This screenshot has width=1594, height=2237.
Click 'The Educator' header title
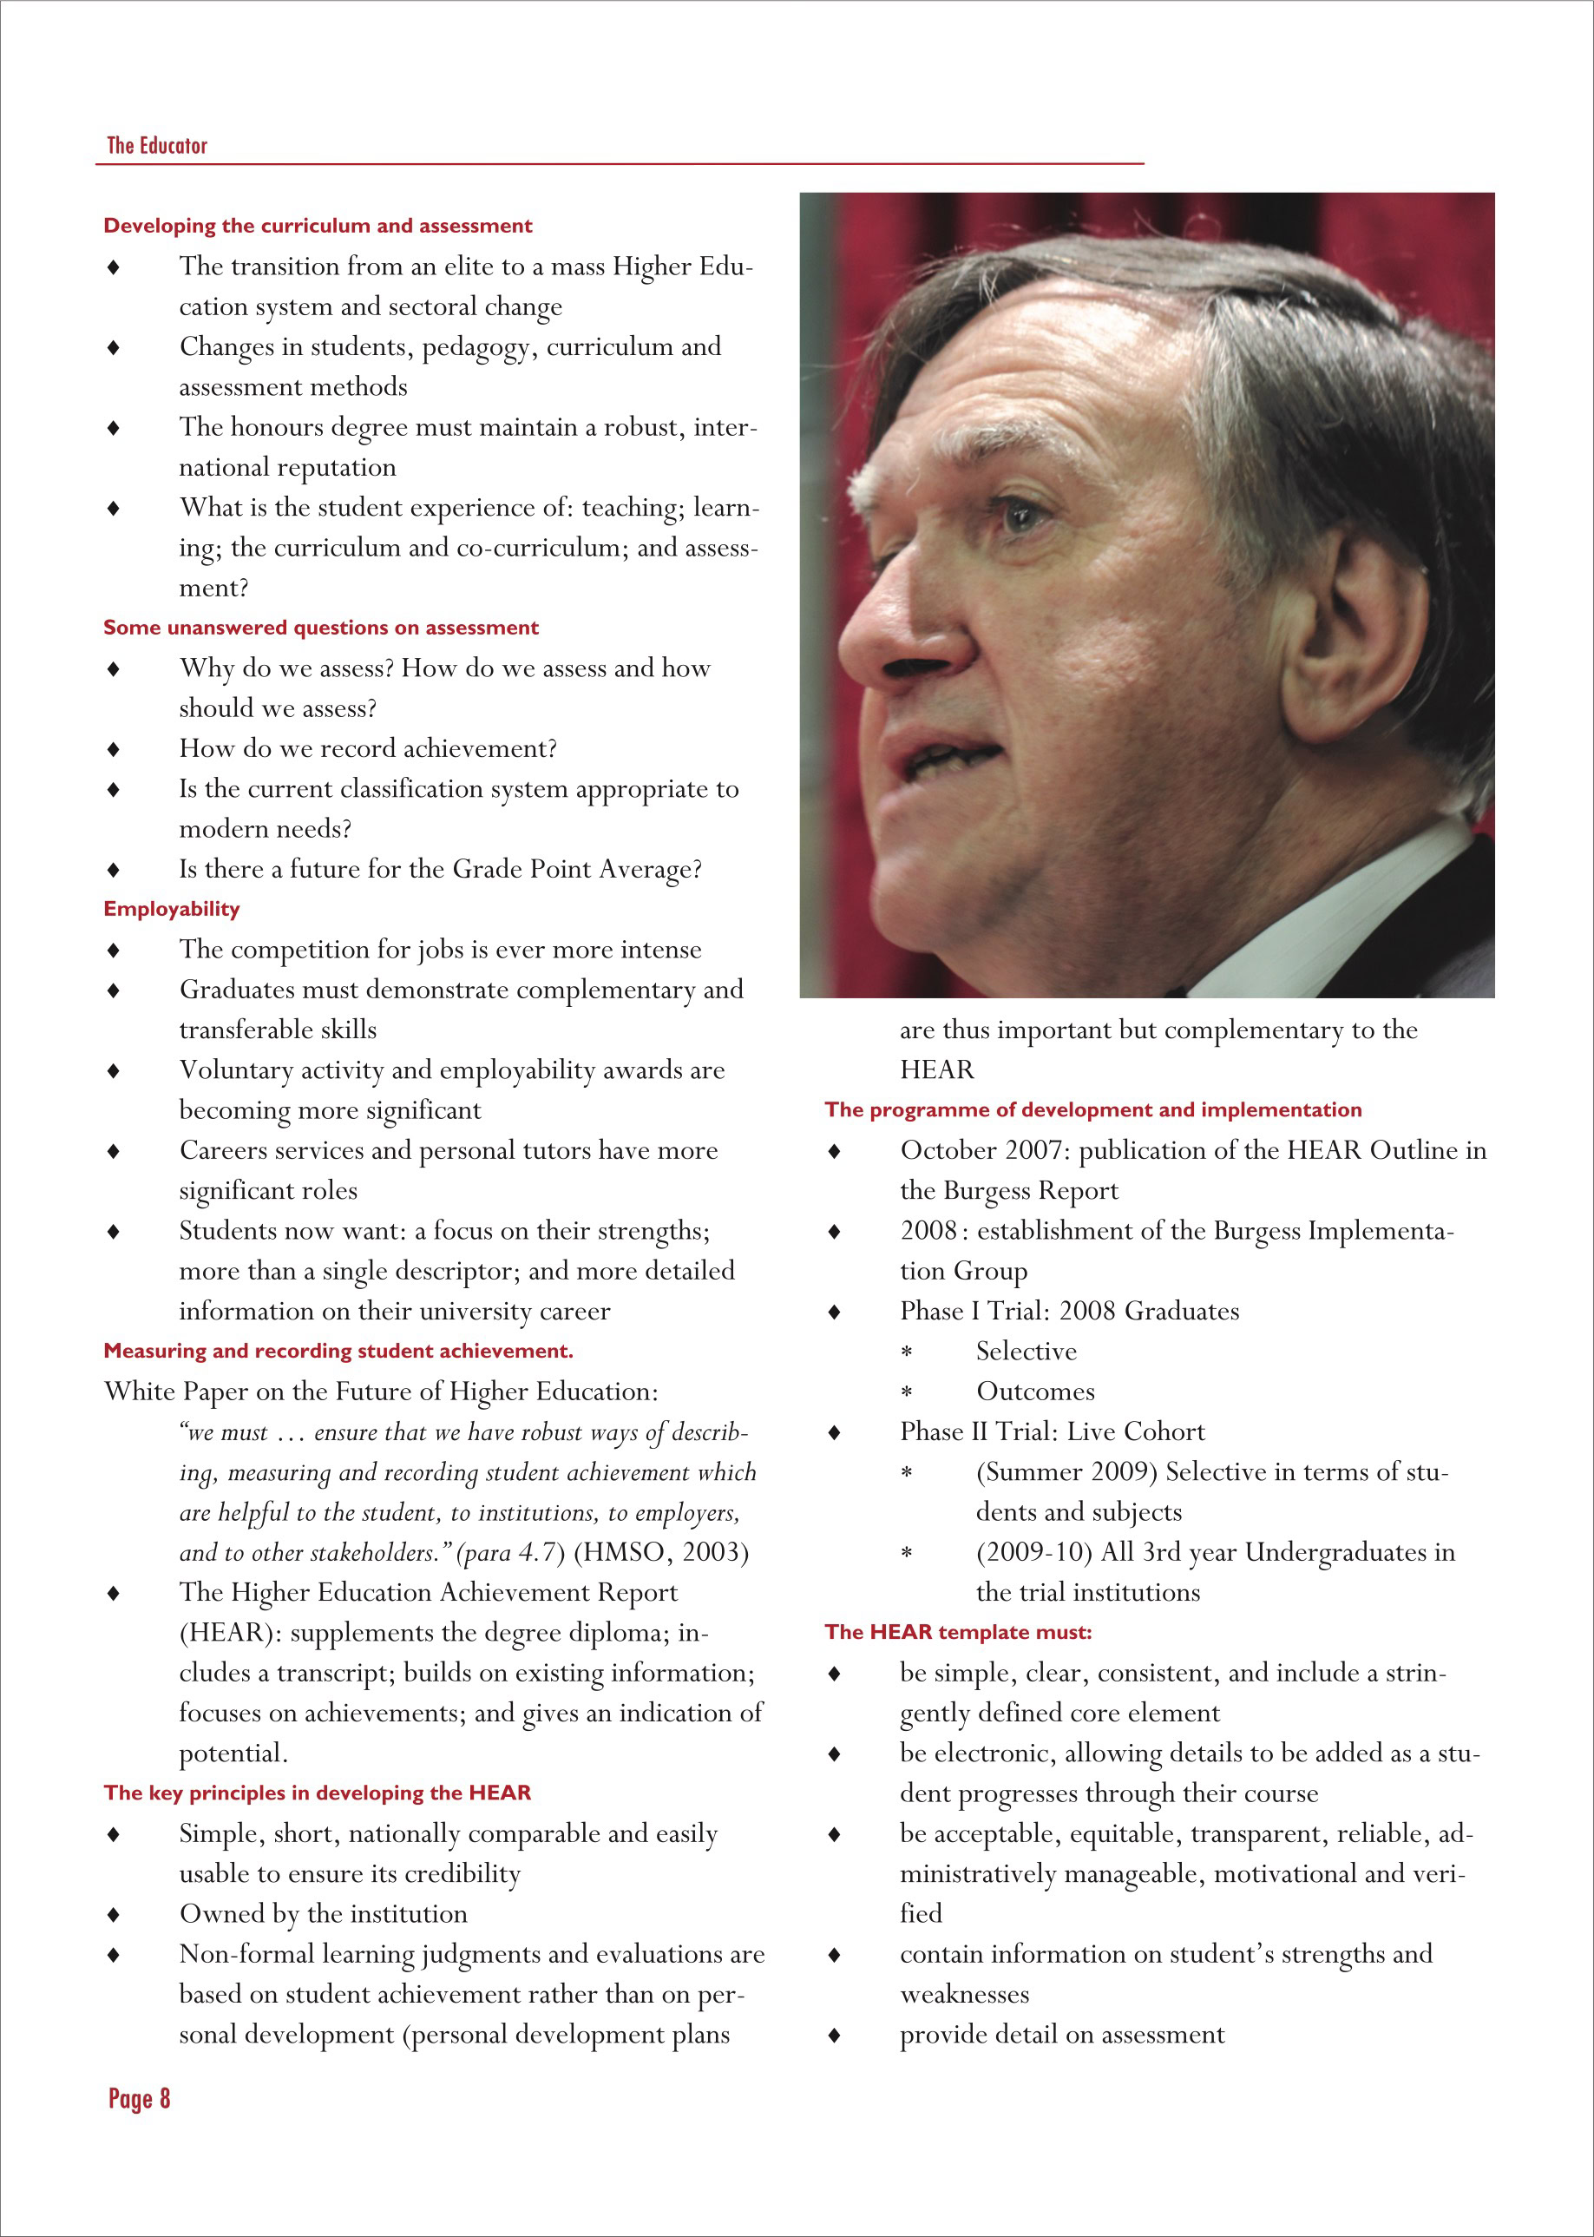point(157,145)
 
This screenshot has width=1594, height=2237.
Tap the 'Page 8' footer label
point(140,2098)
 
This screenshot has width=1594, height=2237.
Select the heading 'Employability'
point(172,908)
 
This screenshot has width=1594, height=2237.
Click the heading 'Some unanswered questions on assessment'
point(321,628)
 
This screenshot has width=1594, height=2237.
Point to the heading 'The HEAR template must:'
point(958,1632)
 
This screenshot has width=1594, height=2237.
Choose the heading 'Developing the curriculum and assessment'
point(318,226)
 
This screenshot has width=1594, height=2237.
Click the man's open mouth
point(942,757)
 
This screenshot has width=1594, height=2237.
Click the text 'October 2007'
point(981,1150)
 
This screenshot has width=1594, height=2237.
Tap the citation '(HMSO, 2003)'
point(660,1553)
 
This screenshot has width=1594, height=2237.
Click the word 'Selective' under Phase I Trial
point(1026,1352)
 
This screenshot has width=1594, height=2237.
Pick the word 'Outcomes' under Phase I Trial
point(1034,1392)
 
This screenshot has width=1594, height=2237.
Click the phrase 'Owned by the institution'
point(323,1914)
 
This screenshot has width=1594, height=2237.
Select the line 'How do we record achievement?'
point(368,748)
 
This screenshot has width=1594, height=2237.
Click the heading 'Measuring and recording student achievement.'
point(338,1352)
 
